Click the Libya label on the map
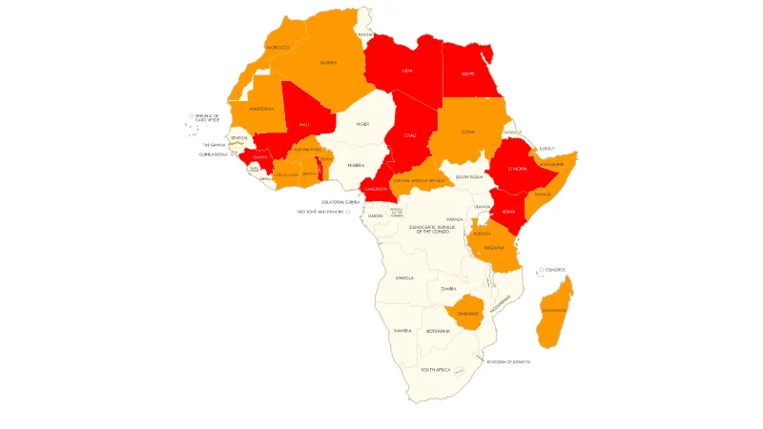[x=407, y=71]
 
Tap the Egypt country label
[x=467, y=73]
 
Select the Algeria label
[x=328, y=63]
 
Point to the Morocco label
[x=278, y=47]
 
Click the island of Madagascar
[x=554, y=310]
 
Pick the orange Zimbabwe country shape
[x=467, y=313]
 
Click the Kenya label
[x=508, y=211]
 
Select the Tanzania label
[x=494, y=247]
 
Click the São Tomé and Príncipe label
[x=320, y=212]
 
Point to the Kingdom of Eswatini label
[x=507, y=361]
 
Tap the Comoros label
[x=555, y=270]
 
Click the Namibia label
[x=402, y=331]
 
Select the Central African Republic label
[x=420, y=180]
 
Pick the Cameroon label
[x=375, y=189]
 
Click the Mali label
[x=303, y=124]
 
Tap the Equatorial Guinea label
[x=340, y=202]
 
